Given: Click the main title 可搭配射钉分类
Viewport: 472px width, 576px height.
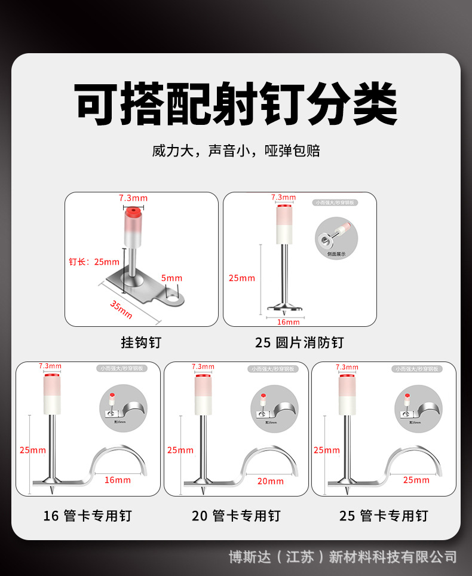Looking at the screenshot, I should (x=236, y=104).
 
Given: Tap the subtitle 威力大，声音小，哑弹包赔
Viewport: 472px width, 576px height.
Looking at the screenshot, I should (x=236, y=151).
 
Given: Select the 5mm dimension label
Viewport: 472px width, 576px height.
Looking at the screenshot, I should (x=171, y=278).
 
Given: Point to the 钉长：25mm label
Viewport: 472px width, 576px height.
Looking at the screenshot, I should (x=94, y=261).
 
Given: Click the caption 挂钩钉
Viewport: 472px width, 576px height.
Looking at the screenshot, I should (x=141, y=342).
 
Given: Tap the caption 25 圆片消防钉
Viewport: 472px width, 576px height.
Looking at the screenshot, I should (x=299, y=342).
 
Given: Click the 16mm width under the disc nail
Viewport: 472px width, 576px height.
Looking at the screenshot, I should (x=289, y=322).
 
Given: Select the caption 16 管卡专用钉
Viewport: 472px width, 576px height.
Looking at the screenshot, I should (x=87, y=515).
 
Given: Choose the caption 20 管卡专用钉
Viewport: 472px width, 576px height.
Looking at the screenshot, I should (x=236, y=515).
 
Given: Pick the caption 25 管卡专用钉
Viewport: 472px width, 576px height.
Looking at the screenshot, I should (x=384, y=515).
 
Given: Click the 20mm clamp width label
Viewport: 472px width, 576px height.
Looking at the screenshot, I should (x=271, y=481).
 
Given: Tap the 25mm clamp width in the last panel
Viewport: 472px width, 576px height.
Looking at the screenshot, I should (x=416, y=480).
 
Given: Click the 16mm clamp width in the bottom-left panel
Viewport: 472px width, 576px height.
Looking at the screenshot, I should (x=118, y=480).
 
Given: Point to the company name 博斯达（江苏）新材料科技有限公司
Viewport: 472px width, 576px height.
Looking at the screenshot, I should (x=343, y=557).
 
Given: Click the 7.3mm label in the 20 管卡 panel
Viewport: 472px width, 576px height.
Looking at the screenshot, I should (x=203, y=366).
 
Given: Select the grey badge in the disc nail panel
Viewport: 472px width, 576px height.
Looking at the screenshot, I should (x=336, y=202).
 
